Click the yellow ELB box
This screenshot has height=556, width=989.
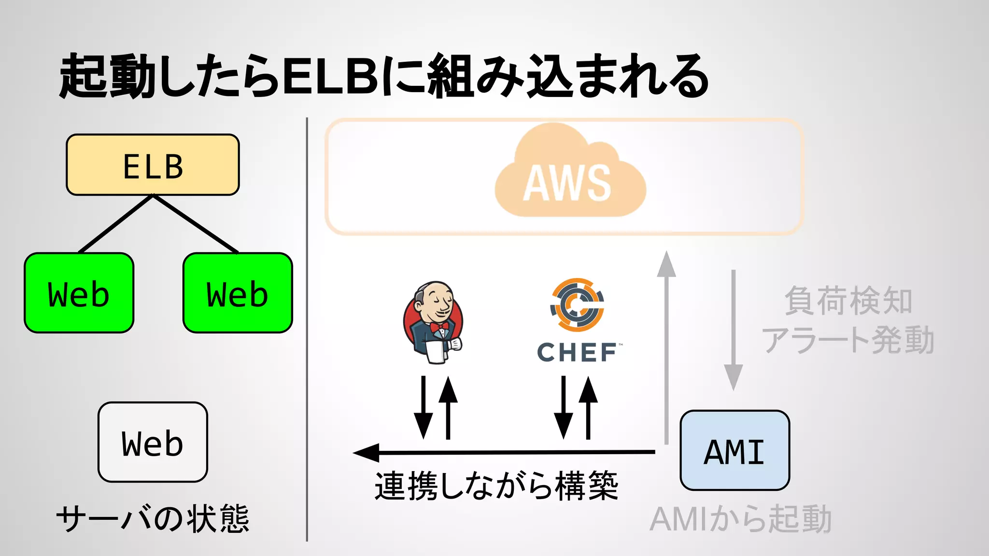coord(153,165)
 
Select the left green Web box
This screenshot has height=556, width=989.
coord(79,293)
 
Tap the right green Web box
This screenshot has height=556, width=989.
coord(238,293)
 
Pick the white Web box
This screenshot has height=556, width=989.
coord(153,442)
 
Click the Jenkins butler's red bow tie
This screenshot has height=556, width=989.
coord(439,328)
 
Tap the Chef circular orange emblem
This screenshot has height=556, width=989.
coord(577,304)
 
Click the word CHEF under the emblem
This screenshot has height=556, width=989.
coord(577,353)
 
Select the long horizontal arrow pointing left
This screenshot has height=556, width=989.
coord(502,453)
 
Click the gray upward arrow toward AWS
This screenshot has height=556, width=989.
coord(666,347)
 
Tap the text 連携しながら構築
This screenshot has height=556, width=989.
coord(496,486)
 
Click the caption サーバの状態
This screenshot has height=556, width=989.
coord(153,519)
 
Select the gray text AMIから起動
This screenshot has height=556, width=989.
coord(740,519)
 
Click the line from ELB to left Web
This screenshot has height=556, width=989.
coord(116,223)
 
